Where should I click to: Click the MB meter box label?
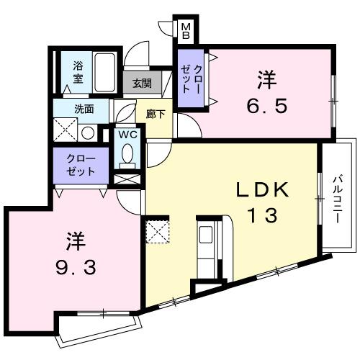coord(186,30)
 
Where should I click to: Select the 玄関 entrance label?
coord(143,82)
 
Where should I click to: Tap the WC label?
coord(127,135)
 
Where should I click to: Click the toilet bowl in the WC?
coord(127,153)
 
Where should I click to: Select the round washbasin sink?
coord(86,132)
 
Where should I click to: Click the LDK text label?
coord(264,190)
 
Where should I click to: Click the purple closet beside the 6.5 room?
coord(192,79)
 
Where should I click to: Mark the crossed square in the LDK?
coord(157,232)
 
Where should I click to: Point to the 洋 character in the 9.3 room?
coord(71,238)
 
